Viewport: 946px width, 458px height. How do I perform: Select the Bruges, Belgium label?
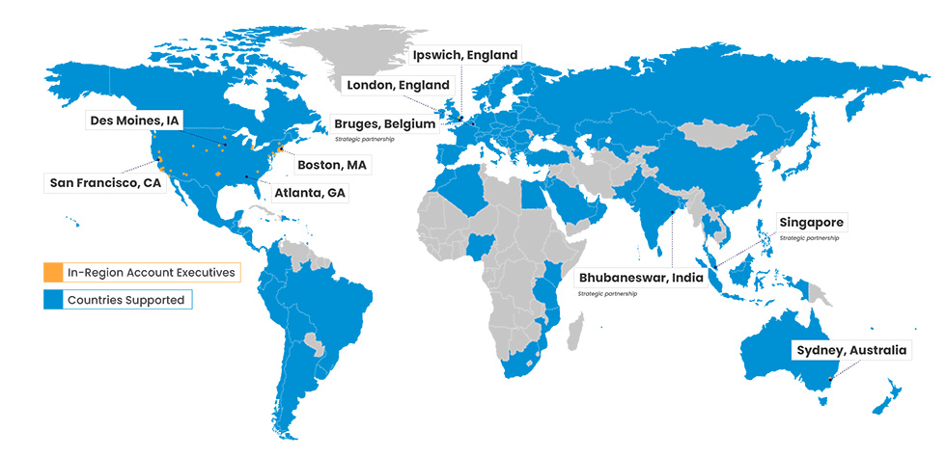coord(384,124)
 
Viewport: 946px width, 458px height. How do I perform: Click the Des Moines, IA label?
coord(134,121)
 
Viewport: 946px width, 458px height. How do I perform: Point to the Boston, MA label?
coord(331,165)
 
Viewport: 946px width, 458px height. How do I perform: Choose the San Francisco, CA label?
coord(105,182)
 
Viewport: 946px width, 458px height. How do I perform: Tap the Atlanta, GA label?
coord(309,193)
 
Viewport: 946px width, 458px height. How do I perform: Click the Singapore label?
coord(811,223)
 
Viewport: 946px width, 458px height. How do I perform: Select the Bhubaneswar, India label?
coord(640,278)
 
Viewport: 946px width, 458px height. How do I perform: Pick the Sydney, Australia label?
coord(849,350)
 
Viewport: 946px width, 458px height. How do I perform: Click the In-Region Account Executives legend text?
coord(151,273)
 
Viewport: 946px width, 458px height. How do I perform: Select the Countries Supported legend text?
coord(125,300)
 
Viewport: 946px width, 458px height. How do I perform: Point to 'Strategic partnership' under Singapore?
coord(809,238)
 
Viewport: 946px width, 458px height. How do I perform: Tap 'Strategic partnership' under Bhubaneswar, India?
coord(607,292)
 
